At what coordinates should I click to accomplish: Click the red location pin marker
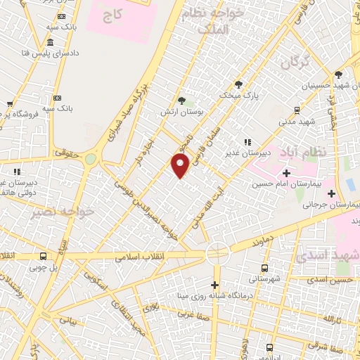pyautogui.click(x=181, y=166)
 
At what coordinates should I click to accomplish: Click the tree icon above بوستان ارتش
pyautogui.click(x=181, y=101)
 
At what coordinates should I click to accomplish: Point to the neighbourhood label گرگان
pyautogui.click(x=295, y=63)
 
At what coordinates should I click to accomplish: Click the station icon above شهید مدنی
pyautogui.click(x=297, y=110)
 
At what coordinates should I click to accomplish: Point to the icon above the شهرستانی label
pyautogui.click(x=264, y=268)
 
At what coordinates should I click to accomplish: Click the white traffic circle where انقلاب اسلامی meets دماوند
pyautogui.click(x=218, y=252)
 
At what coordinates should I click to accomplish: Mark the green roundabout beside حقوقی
pyautogui.click(x=90, y=159)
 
